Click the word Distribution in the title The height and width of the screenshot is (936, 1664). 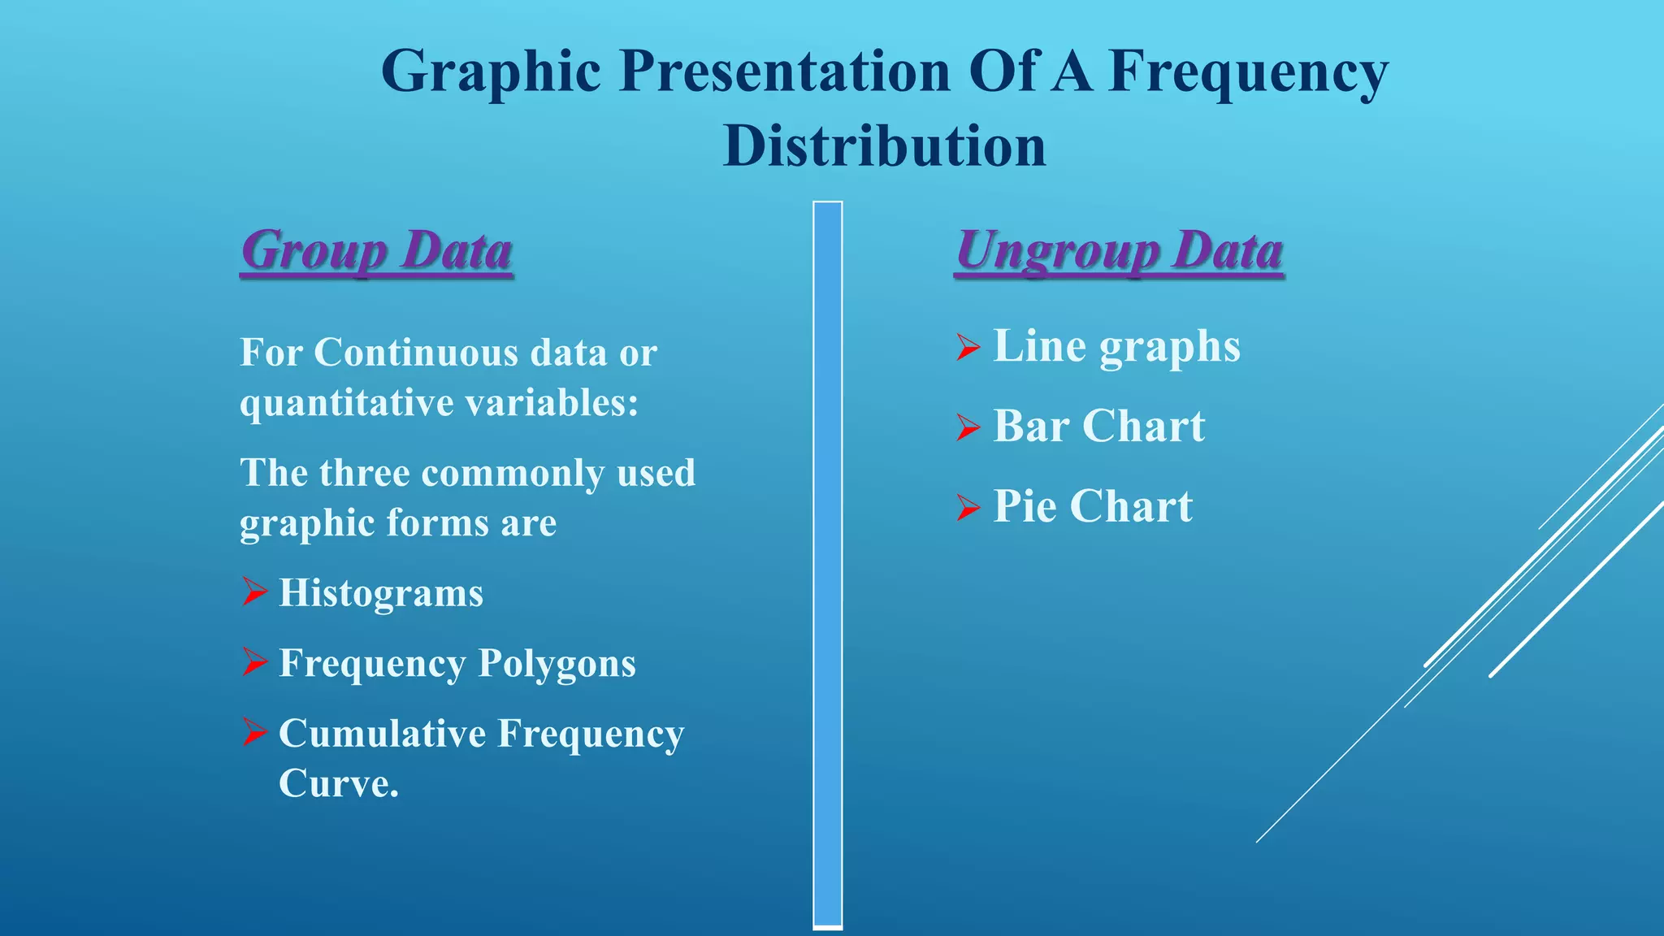[884, 146]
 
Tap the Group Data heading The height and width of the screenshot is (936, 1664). [376, 250]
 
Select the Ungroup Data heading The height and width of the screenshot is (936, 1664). [1119, 250]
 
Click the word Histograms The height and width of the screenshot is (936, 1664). [381, 593]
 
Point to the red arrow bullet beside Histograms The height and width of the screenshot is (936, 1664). [254, 592]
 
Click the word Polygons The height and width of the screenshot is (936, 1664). [557, 663]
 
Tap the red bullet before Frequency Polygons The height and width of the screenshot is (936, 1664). [254, 662]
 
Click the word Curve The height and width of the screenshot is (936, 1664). [338, 784]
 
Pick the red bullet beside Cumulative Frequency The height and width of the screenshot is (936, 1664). [254, 733]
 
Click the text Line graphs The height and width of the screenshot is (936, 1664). [1116, 346]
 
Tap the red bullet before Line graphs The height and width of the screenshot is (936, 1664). [968, 347]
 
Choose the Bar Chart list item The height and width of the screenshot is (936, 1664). [1098, 426]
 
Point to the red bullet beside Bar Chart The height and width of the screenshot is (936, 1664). [968, 427]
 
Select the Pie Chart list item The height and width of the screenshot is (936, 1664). [1093, 506]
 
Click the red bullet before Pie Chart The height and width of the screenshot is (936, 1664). [968, 507]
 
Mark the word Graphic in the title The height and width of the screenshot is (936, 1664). [491, 71]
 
